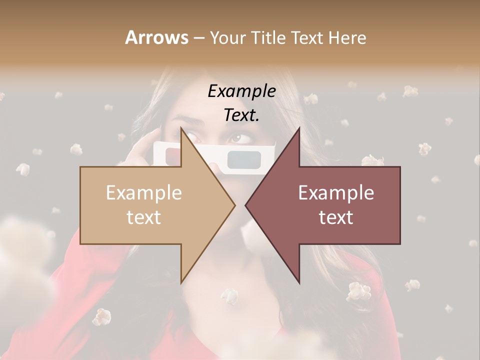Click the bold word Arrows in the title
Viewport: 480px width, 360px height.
[156, 37]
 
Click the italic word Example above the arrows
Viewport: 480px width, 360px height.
[241, 91]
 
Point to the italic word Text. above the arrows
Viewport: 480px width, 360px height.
[241, 115]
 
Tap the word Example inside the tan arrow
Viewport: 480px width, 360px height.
[143, 192]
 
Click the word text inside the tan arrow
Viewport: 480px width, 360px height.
[143, 217]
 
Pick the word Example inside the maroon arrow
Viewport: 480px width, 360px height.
[336, 192]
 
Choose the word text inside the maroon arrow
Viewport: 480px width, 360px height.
[336, 217]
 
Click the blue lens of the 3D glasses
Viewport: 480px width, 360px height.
[243, 159]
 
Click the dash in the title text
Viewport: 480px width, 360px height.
[198, 38]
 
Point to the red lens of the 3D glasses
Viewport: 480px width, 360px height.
[173, 155]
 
